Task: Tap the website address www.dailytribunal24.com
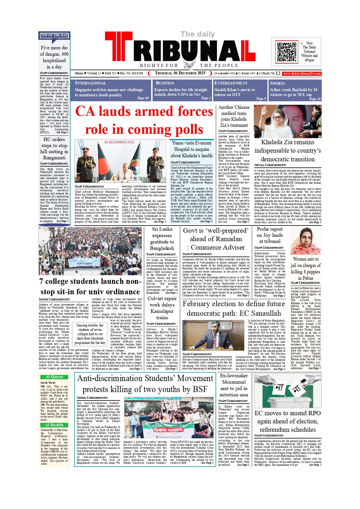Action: tap(302, 74)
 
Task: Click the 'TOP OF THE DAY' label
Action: tap(54, 35)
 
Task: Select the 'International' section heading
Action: tap(91, 83)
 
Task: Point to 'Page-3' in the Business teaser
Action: tap(206, 98)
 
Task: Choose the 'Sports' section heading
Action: tap(277, 83)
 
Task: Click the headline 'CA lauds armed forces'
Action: tap(144, 111)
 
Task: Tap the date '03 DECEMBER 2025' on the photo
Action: tap(119, 142)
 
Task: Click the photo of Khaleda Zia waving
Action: tap(287, 121)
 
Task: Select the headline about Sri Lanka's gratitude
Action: tap(162, 239)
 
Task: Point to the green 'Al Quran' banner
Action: tap(54, 377)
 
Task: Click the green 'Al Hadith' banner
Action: tap(54, 425)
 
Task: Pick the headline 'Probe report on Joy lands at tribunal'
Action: tap(269, 235)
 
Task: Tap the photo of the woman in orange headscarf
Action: tap(305, 241)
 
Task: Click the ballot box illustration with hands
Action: tap(287, 391)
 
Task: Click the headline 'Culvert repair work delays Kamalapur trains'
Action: tap(162, 308)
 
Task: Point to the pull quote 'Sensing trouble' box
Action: tap(90, 334)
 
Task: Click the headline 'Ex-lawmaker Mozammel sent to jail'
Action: tap(234, 385)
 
